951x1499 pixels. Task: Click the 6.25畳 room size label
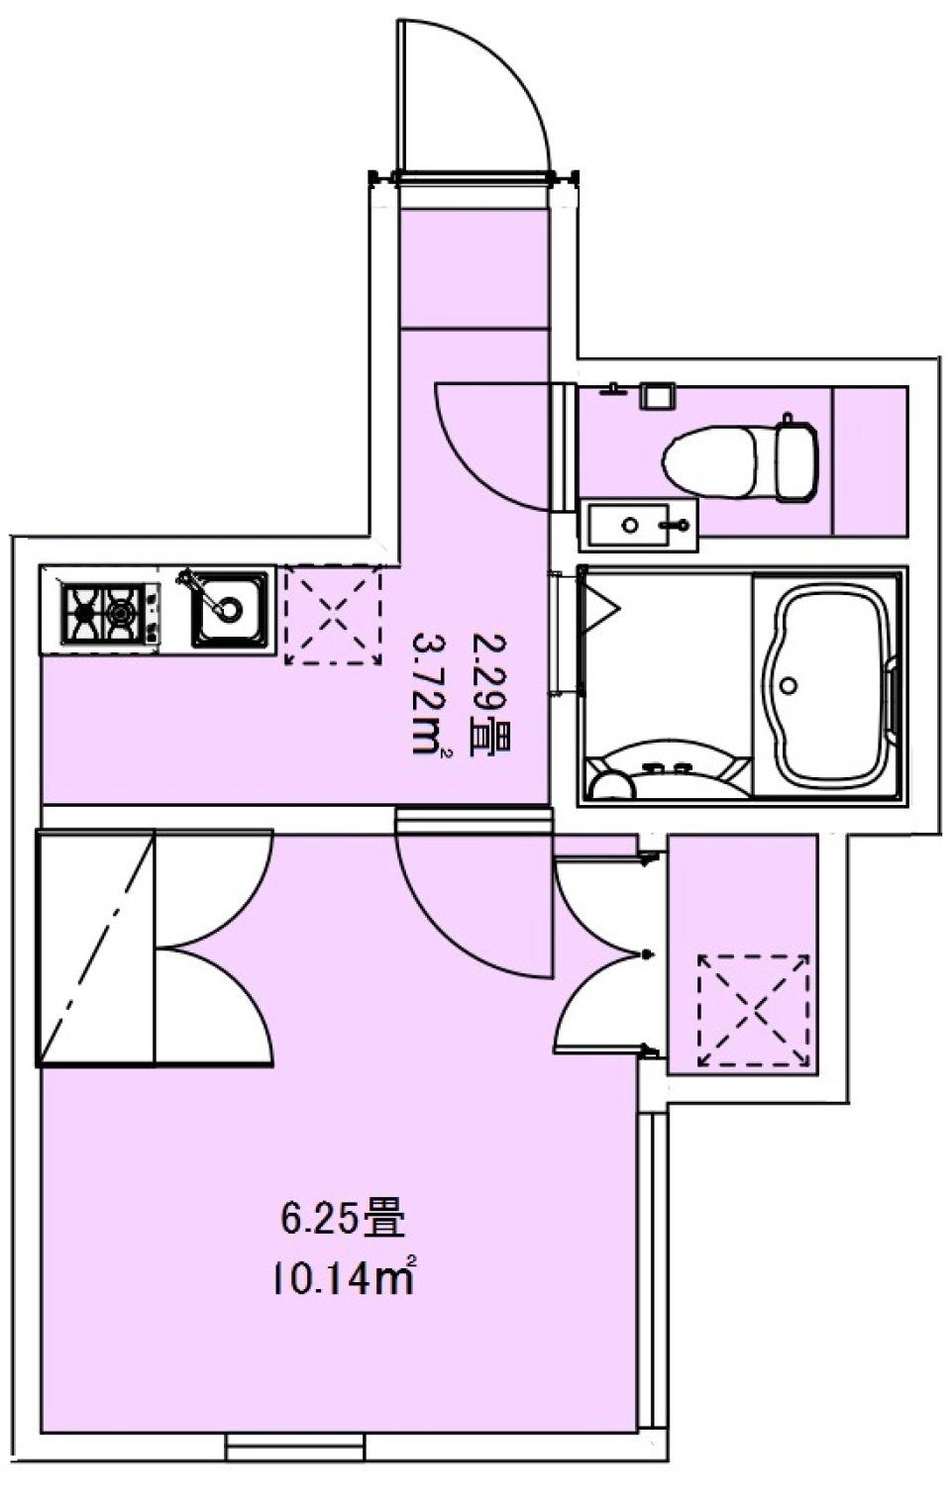click(x=343, y=1218)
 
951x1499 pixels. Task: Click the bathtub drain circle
click(x=789, y=685)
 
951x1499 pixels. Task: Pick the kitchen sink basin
click(x=231, y=608)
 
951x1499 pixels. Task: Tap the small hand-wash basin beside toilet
click(x=638, y=525)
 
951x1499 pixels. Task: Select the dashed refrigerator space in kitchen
click(x=333, y=615)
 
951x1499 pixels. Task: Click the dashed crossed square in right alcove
click(x=753, y=1010)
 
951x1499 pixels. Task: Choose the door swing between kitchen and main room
click(x=466, y=911)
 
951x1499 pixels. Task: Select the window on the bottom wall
click(x=295, y=1449)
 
